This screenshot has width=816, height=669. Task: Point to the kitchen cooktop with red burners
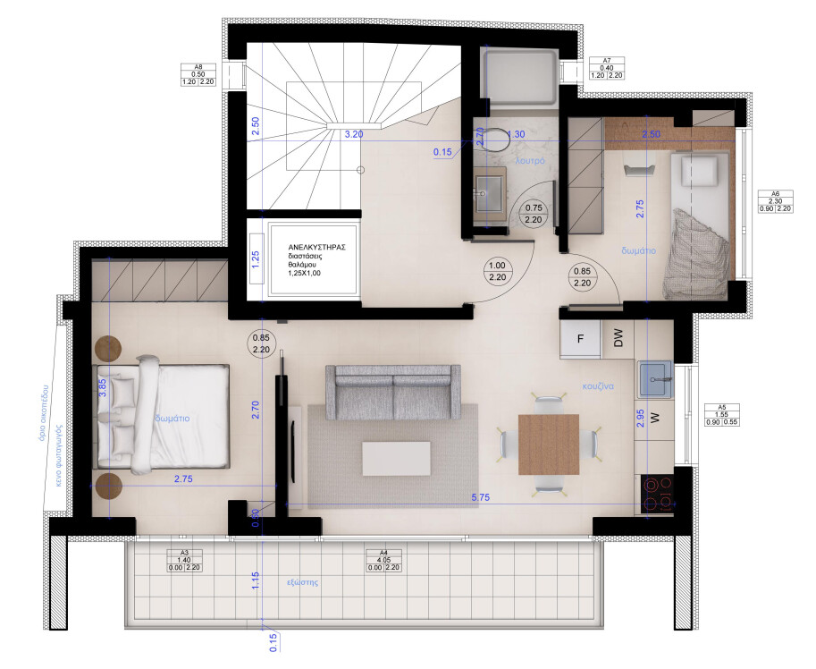point(659,491)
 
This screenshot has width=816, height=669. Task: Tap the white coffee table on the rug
point(395,459)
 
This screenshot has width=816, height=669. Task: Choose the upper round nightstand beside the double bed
point(109,348)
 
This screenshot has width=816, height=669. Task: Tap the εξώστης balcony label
point(304,582)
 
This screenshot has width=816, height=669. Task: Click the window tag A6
point(776,193)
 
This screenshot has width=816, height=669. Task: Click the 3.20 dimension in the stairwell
point(354,134)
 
